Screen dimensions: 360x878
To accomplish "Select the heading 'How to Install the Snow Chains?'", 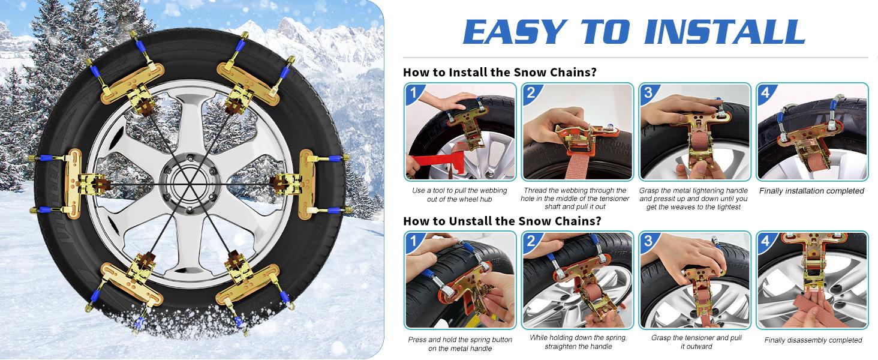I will (x=500, y=73).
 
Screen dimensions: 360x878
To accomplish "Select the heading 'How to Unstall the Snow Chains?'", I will (x=502, y=221).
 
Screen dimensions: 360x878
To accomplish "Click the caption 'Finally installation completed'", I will (x=811, y=191).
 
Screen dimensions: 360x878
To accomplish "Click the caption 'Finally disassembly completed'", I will (x=813, y=340).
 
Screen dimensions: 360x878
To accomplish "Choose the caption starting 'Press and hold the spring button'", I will (x=460, y=344).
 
